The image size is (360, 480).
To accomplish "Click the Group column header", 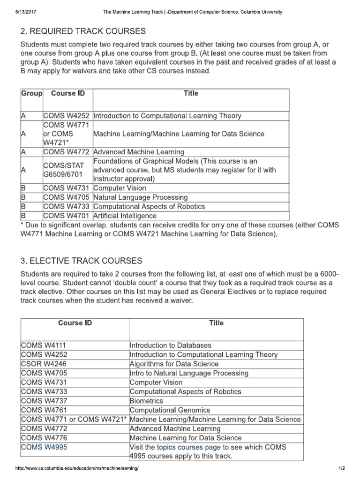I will pyautogui.click(x=31, y=93).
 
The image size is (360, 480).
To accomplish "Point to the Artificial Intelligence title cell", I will pyautogui.click(x=125, y=216).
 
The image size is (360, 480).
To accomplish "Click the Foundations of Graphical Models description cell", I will pyautogui.click(x=186, y=170).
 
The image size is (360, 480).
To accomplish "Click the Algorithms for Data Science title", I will pyautogui.click(x=174, y=364).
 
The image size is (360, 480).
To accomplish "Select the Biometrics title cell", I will pyautogui.click(x=146, y=401).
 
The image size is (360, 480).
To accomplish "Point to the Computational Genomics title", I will pyautogui.click(x=170, y=410).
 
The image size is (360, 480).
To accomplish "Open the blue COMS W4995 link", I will pyautogui.click(x=45, y=447).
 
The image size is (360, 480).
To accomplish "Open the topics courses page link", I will pyautogui.click(x=189, y=447).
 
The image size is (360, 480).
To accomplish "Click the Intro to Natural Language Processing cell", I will pyautogui.click(x=189, y=373).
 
